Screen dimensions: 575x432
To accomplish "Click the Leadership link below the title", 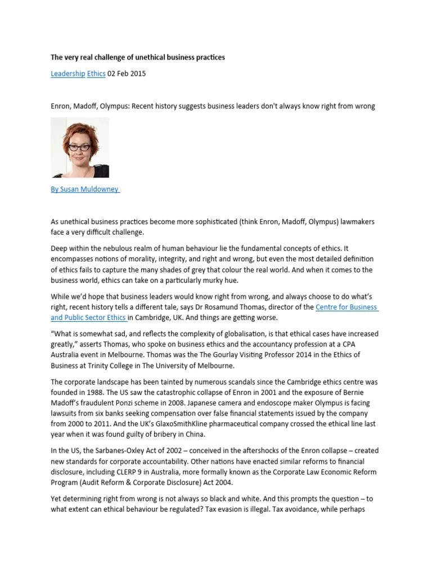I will [x=68, y=74].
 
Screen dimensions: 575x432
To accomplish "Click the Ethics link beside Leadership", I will [x=96, y=74].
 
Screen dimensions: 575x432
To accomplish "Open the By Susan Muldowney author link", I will [x=85, y=189].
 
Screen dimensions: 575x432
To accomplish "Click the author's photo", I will [x=80, y=147].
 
